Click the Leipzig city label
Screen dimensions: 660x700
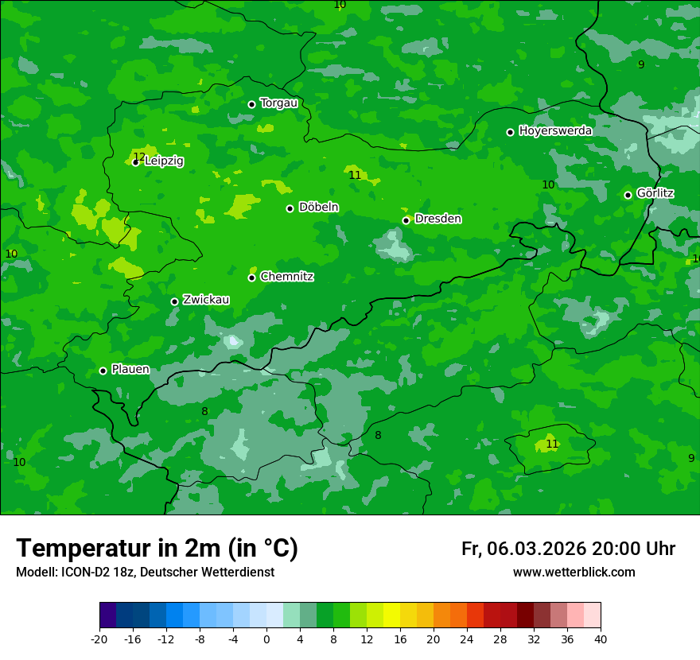point(164,161)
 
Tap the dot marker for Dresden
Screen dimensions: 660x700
point(406,220)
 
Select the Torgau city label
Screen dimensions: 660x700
point(278,103)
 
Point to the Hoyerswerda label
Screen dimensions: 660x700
point(555,131)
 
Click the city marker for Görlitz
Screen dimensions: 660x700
point(628,195)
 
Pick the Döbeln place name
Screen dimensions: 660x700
point(318,208)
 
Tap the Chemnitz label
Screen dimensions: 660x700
point(286,277)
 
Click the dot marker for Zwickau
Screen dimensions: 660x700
point(174,301)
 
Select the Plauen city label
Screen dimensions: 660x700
point(130,370)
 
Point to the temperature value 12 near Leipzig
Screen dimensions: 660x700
point(139,157)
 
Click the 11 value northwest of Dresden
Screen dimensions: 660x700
point(355,175)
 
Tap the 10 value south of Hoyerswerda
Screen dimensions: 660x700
point(548,184)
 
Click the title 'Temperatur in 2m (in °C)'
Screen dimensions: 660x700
point(157,548)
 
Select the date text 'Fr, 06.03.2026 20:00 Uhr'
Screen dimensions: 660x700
point(568,549)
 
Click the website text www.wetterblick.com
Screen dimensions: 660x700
point(574,573)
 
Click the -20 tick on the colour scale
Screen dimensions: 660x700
point(99,639)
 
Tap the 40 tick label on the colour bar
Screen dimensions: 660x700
point(601,639)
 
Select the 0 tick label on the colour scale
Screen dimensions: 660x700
point(266,639)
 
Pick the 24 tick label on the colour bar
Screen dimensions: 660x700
point(467,639)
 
